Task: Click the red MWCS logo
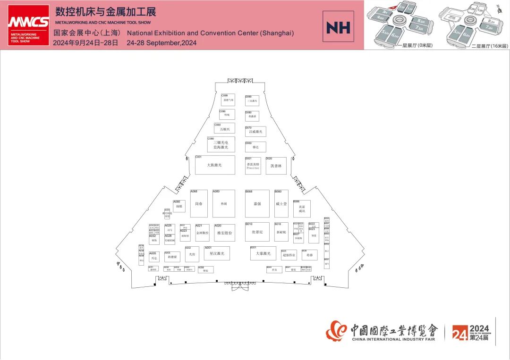tap(28, 25)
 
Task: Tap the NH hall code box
tap(338, 28)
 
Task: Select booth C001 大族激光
tap(215, 165)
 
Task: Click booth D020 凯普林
tap(276, 166)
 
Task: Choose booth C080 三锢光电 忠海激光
tap(221, 145)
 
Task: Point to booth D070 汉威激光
tap(255, 132)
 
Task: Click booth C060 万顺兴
tap(224, 128)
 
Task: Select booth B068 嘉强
tap(257, 204)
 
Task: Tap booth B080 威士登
tap(281, 204)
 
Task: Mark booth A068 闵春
tap(199, 204)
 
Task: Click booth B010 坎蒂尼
tap(257, 232)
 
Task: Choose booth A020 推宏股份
tap(224, 233)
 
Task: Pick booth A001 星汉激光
tap(217, 253)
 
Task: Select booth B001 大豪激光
tap(263, 253)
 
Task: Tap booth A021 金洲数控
tap(202, 233)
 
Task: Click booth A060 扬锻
tap(179, 206)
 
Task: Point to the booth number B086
tap(297, 201)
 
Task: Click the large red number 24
tap(459, 334)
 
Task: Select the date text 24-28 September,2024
tap(161, 43)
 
